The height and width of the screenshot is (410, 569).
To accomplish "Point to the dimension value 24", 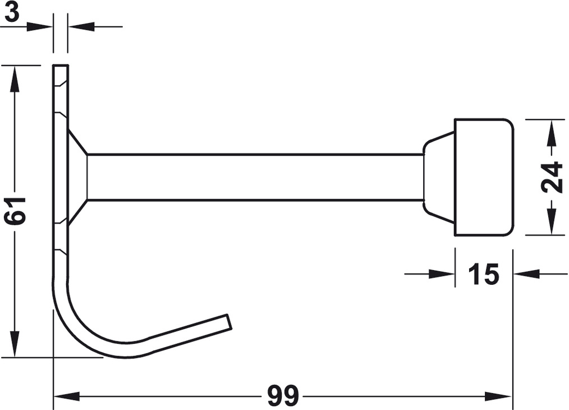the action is coord(552,177).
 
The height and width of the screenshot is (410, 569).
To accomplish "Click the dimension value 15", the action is coord(484,274).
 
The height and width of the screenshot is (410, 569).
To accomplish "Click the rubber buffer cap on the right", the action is coord(484,177).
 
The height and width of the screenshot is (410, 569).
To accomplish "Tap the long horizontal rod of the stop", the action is coord(255,177).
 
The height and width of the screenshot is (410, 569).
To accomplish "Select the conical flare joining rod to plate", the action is coord(77,177).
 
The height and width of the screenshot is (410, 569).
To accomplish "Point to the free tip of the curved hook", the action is coord(230,322).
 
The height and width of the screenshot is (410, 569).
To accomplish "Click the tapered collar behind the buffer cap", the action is coord(439,177).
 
